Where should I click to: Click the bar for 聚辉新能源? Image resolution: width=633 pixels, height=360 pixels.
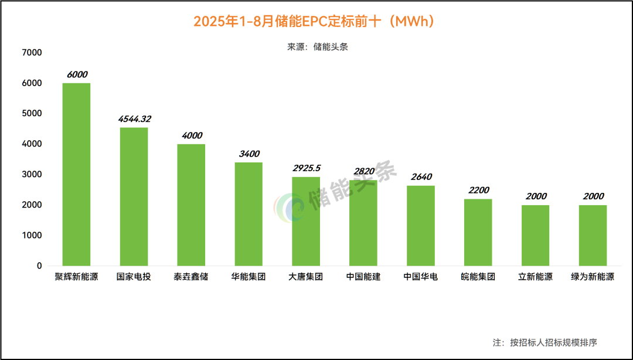point(76,174)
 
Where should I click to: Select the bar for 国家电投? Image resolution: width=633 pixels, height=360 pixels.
point(134,196)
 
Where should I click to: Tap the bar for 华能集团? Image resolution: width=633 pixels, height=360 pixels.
point(249,214)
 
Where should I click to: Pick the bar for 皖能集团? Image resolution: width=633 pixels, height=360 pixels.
point(478,232)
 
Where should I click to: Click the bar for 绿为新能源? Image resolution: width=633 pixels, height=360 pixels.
point(593,235)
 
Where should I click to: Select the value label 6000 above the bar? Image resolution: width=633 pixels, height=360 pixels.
point(77,74)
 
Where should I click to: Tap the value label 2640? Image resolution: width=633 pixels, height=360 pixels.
point(421,177)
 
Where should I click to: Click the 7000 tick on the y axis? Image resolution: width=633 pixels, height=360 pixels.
point(32,53)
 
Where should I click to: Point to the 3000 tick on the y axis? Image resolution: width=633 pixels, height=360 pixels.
point(32,175)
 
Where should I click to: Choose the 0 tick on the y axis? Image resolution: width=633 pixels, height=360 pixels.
point(39,266)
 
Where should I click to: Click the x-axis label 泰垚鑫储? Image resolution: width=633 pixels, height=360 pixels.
point(191,277)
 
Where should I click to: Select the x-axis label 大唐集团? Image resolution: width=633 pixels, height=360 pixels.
point(306,277)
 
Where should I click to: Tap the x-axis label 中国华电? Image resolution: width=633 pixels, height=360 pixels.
point(421,277)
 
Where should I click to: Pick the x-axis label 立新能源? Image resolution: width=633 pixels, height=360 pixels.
point(536,277)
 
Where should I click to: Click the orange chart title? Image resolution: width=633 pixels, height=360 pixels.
point(316,22)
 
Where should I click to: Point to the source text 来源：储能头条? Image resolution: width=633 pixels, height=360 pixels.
point(317,47)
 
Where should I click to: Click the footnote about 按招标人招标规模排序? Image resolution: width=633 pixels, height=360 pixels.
point(544,342)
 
